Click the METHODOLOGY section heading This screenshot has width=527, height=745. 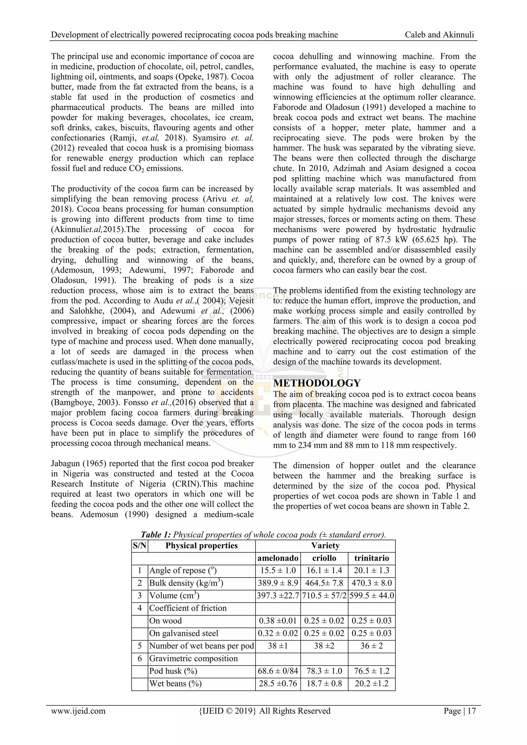317,383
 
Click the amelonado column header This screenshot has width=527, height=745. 278,558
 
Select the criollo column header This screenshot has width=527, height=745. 324,558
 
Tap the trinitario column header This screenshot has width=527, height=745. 372,558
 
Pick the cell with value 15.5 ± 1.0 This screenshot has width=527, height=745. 278,571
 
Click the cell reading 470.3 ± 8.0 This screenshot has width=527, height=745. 372,583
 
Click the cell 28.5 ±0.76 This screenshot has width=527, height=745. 278,684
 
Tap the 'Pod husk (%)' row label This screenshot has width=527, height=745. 173,671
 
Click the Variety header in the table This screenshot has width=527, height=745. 325,546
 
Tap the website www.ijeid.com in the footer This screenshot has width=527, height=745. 78,711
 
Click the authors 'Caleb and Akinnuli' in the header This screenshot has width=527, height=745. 440,35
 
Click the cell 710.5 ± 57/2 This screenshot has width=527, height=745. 324,596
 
